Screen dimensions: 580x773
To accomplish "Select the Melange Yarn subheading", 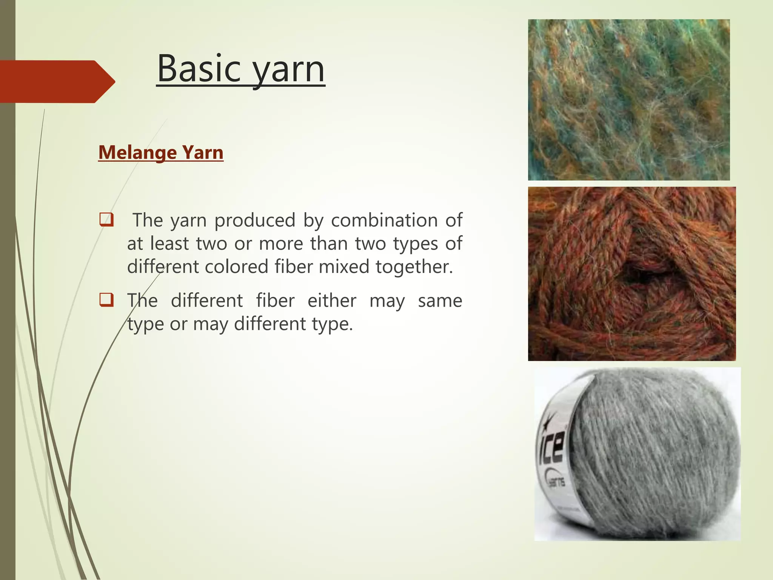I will (x=161, y=153).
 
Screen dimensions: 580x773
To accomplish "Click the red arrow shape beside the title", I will (x=57, y=82).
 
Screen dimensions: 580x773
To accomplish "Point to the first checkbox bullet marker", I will (x=106, y=220).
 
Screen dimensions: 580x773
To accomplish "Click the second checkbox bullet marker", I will (x=106, y=300).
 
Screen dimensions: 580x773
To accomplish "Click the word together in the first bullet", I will (x=414, y=267).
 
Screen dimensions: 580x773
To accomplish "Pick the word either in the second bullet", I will (x=332, y=301).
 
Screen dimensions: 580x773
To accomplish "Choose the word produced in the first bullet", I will (x=255, y=220).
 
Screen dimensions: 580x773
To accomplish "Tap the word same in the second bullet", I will (x=440, y=301).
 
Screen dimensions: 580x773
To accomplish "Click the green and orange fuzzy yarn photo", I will (x=629, y=100).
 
